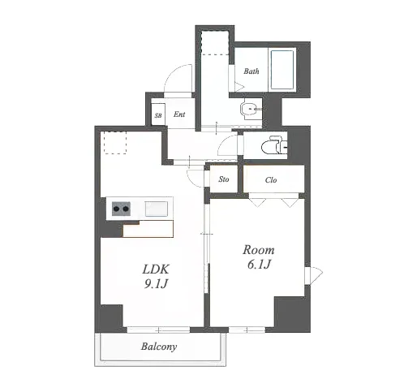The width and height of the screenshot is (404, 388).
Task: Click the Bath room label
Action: pyautogui.click(x=251, y=71)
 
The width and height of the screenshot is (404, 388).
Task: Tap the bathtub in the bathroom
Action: pyautogui.click(x=282, y=70)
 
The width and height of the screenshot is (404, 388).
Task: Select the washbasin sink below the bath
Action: pyautogui.click(x=251, y=110)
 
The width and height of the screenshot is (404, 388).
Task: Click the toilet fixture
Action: pyautogui.click(x=274, y=145)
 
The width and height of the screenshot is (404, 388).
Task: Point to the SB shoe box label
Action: pyautogui.click(x=158, y=115)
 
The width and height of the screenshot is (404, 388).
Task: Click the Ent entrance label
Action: pyautogui.click(x=179, y=114)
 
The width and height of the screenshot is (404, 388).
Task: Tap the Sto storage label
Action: pyautogui.click(x=224, y=179)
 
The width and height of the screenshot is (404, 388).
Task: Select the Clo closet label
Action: pyautogui.click(x=271, y=180)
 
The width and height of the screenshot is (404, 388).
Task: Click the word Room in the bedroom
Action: pyautogui.click(x=259, y=250)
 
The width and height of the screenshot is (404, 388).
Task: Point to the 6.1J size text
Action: pyautogui.click(x=259, y=264)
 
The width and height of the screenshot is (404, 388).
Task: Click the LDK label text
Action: pyautogui.click(x=156, y=269)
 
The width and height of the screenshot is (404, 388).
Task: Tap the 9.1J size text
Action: pyautogui.click(x=156, y=283)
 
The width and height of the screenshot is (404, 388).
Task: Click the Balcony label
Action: pyautogui.click(x=159, y=347)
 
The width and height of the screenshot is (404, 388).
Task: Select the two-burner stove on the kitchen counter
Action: pyautogui.click(x=121, y=209)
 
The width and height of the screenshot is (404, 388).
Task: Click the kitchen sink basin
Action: pyautogui.click(x=156, y=209)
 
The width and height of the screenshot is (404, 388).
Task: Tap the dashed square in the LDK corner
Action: pyautogui.click(x=115, y=143)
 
